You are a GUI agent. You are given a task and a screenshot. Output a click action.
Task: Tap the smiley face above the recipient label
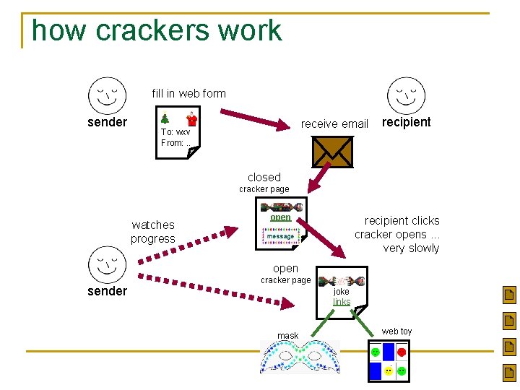(x=406, y=95)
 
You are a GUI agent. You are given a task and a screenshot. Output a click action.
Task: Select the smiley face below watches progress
(x=107, y=265)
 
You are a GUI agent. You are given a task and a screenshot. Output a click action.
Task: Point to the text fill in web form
(x=188, y=93)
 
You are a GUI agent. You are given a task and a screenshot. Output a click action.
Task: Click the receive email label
(x=334, y=123)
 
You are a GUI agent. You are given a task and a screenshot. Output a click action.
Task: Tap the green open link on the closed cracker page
(x=280, y=217)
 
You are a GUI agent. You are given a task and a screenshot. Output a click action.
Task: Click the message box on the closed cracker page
(x=280, y=236)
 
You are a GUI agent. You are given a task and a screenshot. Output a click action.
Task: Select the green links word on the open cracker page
(x=342, y=302)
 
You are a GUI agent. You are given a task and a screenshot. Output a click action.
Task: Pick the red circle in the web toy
(x=402, y=352)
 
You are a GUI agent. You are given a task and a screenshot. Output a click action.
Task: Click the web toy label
(x=396, y=331)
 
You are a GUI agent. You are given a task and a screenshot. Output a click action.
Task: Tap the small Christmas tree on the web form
(x=165, y=118)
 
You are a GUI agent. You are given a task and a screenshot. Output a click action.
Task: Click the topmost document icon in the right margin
(x=509, y=295)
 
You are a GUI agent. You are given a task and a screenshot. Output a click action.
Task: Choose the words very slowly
(x=411, y=248)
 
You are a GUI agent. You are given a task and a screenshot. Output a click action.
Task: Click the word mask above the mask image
(x=287, y=336)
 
